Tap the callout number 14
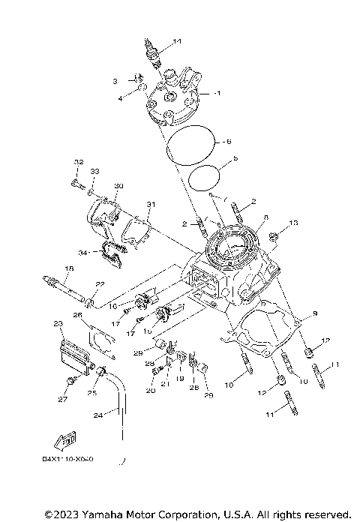click(177, 40)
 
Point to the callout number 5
click(235, 159)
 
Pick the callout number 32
click(78, 162)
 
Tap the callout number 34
click(83, 253)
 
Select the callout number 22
click(100, 283)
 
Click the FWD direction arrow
click(65, 439)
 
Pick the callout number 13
click(294, 223)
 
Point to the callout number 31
click(150, 205)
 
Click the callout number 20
click(150, 391)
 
